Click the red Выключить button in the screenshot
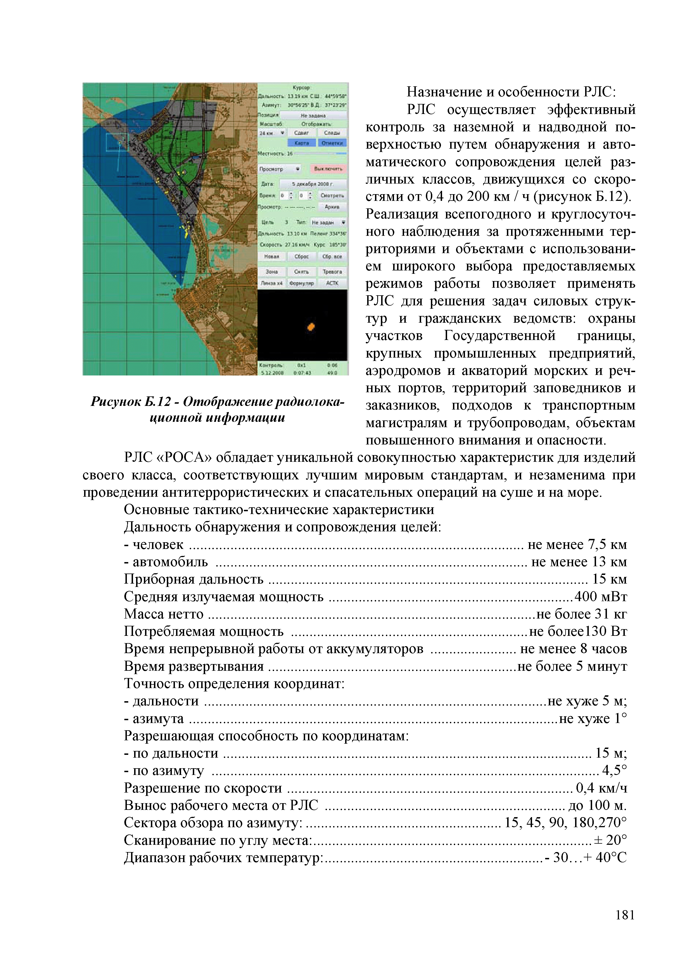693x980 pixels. click(328, 169)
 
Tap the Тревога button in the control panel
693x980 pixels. click(332, 272)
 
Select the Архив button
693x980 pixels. click(332, 207)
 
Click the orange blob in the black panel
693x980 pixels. click(311, 327)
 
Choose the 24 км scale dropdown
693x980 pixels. click(272, 133)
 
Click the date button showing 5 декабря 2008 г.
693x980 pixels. click(313, 184)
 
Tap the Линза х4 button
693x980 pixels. click(272, 283)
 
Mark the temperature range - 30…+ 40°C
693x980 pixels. click(586, 858)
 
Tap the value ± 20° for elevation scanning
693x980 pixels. click(611, 840)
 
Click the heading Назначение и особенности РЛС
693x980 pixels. click(511, 92)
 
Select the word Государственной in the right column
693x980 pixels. click(500, 336)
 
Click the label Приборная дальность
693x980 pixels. click(193, 579)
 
